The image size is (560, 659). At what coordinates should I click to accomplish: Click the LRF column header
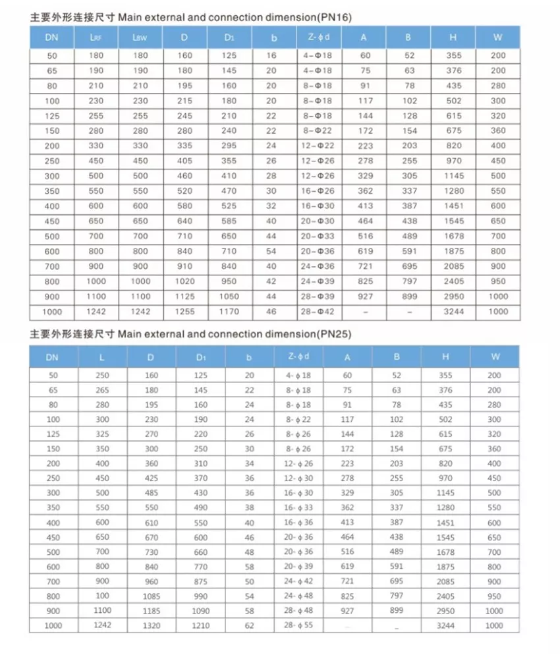[x=96, y=38]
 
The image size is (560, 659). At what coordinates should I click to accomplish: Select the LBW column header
[x=140, y=38]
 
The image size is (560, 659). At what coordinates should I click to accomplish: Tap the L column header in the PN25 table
[x=102, y=357]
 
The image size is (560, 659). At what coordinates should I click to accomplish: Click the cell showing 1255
[x=185, y=312]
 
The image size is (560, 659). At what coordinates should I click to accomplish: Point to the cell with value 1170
[x=229, y=312]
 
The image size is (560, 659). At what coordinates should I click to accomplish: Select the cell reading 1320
[x=151, y=625]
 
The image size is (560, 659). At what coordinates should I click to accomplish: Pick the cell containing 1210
[x=201, y=625]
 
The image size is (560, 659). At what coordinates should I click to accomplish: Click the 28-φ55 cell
[x=298, y=625]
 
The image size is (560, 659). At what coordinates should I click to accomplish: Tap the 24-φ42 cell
[x=298, y=582]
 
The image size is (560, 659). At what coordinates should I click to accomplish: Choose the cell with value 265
[x=102, y=390]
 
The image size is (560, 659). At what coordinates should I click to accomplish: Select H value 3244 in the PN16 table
[x=454, y=312]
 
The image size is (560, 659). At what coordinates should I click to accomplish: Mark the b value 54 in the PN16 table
[x=271, y=251]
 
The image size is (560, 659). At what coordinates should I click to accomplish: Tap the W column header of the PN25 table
[x=494, y=357]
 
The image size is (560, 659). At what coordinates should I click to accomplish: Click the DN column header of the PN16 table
[x=52, y=38]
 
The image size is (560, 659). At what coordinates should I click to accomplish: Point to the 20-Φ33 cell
[x=318, y=236]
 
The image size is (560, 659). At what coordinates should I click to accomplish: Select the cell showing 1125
[x=185, y=297]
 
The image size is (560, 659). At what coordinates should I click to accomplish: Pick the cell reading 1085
[x=151, y=596]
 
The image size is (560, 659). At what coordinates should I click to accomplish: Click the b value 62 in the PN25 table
[x=249, y=625]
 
